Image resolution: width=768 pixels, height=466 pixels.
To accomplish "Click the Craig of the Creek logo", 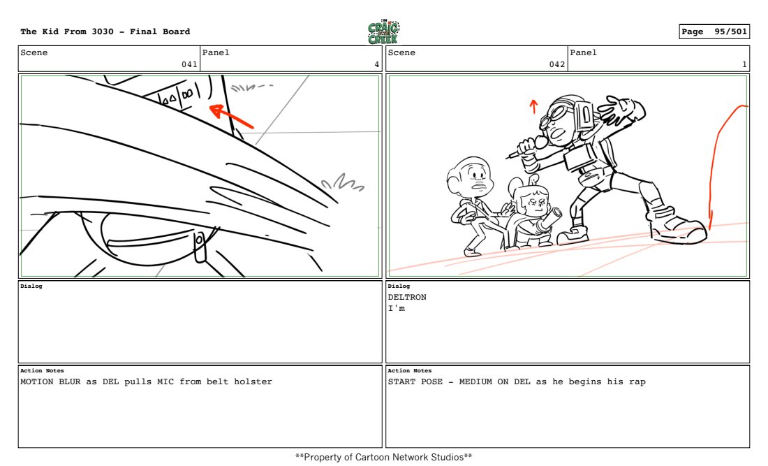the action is tap(383, 31).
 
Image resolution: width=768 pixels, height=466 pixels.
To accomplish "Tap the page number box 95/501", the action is tap(714, 31).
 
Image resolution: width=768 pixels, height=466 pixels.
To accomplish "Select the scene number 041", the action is tap(189, 64).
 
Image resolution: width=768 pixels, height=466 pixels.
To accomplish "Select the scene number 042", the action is tap(557, 64).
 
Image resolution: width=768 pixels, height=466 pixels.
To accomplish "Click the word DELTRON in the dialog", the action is tap(407, 297).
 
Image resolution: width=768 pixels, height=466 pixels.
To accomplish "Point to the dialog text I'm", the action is tap(397, 308).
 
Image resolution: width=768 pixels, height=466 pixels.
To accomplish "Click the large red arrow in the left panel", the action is tap(231, 117).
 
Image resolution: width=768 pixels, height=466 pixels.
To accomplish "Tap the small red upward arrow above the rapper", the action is tap(533, 106).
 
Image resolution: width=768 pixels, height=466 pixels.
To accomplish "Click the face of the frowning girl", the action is tap(534, 202).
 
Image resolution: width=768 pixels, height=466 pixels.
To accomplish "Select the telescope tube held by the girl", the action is tap(549, 221).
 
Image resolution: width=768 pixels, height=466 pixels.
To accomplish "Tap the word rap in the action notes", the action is tap(637, 382).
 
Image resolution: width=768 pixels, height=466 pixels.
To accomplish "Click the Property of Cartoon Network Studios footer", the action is tap(383, 457).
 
